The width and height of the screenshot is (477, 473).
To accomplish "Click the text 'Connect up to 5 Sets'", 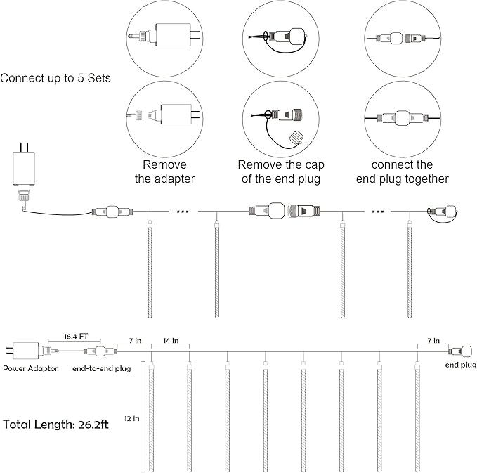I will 55,78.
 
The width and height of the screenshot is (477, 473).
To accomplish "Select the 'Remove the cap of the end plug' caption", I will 279,171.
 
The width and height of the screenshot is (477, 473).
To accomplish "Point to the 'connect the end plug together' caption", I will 402,171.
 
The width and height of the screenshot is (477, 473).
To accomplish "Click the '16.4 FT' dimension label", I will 75,337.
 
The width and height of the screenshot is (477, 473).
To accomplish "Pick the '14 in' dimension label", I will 169,341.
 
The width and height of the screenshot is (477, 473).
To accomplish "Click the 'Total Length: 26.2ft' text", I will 55,425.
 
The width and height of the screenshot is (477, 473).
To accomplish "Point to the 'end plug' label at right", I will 461,365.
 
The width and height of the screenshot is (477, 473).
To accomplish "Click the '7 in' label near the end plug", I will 434,341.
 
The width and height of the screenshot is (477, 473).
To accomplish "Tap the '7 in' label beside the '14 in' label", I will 135,341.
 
